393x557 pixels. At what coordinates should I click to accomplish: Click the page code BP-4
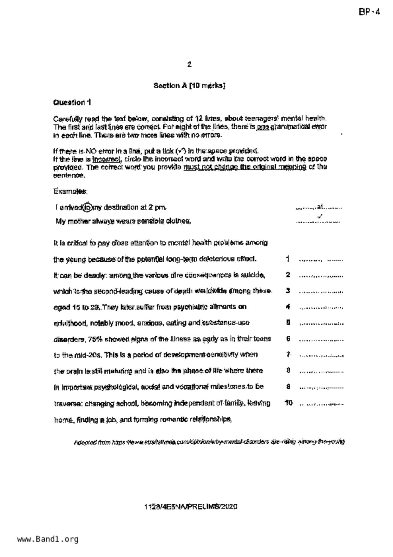click(x=369, y=12)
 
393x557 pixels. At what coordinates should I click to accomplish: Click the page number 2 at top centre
click(x=189, y=64)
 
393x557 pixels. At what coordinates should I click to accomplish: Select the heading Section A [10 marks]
click(x=189, y=86)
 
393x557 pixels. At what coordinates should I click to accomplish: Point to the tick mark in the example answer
click(x=320, y=217)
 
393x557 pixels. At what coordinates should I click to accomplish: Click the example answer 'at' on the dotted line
click(x=320, y=207)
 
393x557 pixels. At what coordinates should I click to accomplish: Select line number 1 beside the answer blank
click(x=287, y=259)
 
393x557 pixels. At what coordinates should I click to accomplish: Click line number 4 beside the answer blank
click(x=288, y=307)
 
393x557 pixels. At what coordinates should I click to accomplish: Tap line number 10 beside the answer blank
click(x=288, y=403)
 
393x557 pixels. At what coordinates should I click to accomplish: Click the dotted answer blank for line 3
click(x=320, y=292)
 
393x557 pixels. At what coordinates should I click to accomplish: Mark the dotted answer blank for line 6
click(x=320, y=340)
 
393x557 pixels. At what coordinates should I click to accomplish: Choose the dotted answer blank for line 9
click(x=320, y=388)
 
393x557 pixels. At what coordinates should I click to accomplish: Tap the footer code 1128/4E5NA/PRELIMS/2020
click(x=191, y=507)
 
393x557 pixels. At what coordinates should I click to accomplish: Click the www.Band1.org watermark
click(x=48, y=539)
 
